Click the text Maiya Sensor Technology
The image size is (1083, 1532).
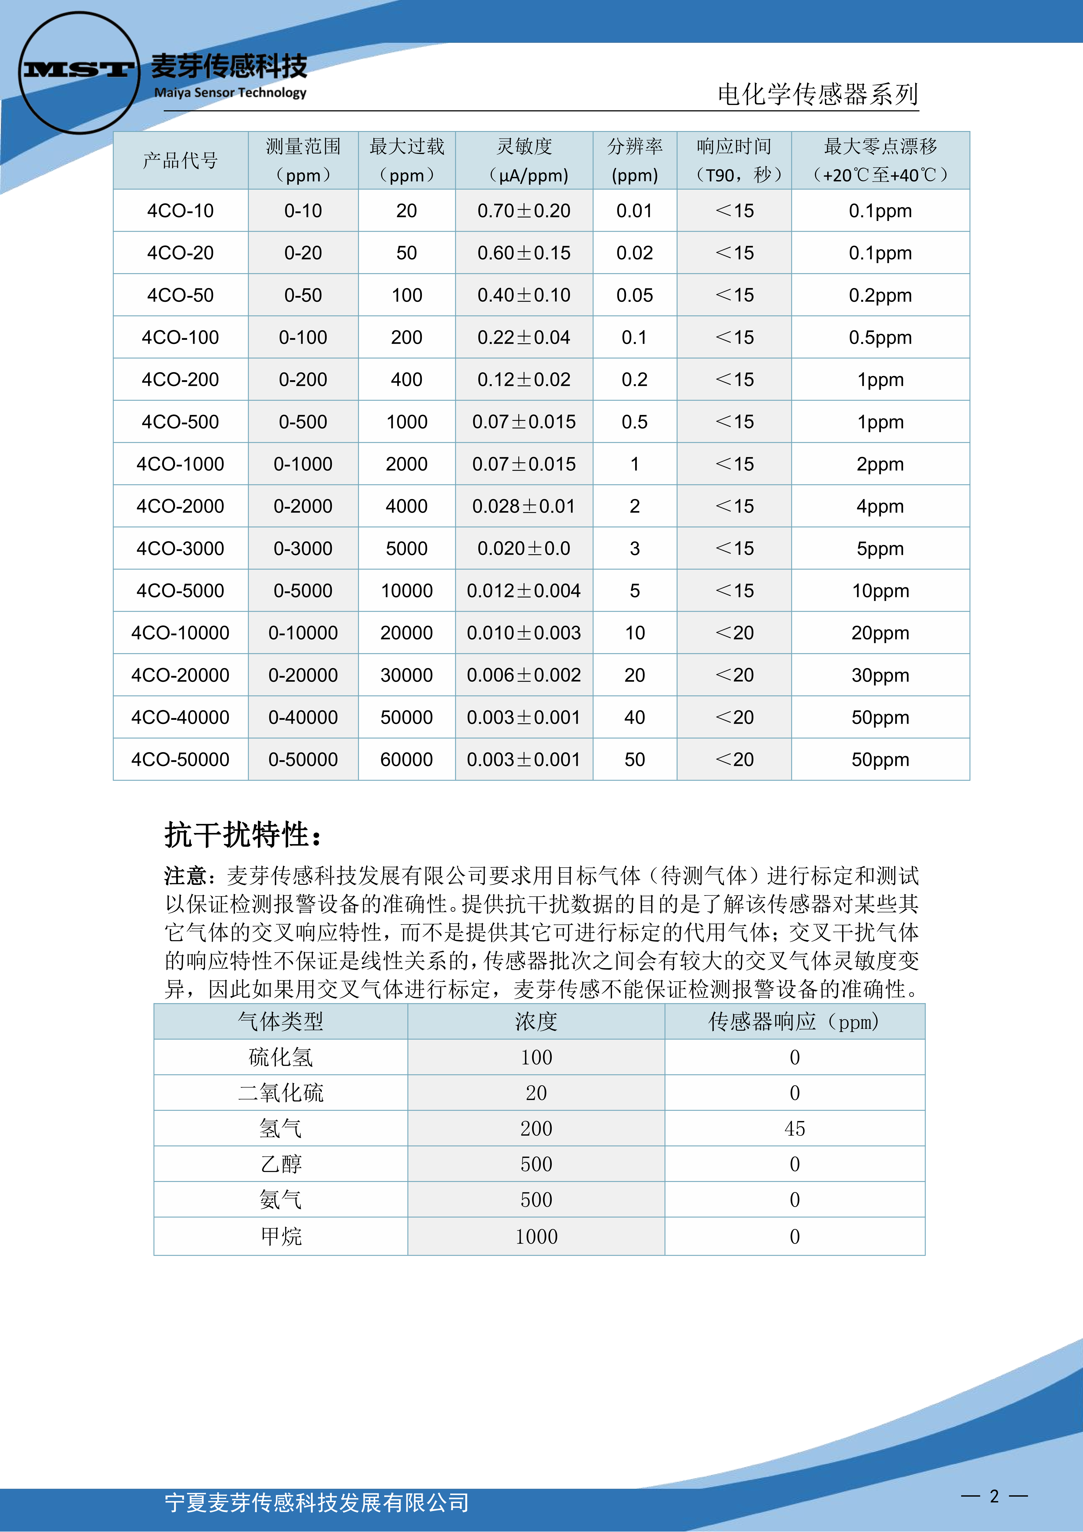(230, 93)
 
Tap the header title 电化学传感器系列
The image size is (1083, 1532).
(817, 94)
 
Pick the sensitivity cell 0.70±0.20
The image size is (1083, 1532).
(524, 211)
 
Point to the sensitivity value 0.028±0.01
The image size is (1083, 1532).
(524, 506)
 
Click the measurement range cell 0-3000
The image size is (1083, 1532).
(303, 548)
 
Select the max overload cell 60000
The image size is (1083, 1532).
(406, 759)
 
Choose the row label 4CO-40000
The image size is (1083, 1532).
(180, 717)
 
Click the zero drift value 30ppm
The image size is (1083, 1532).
(880, 675)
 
